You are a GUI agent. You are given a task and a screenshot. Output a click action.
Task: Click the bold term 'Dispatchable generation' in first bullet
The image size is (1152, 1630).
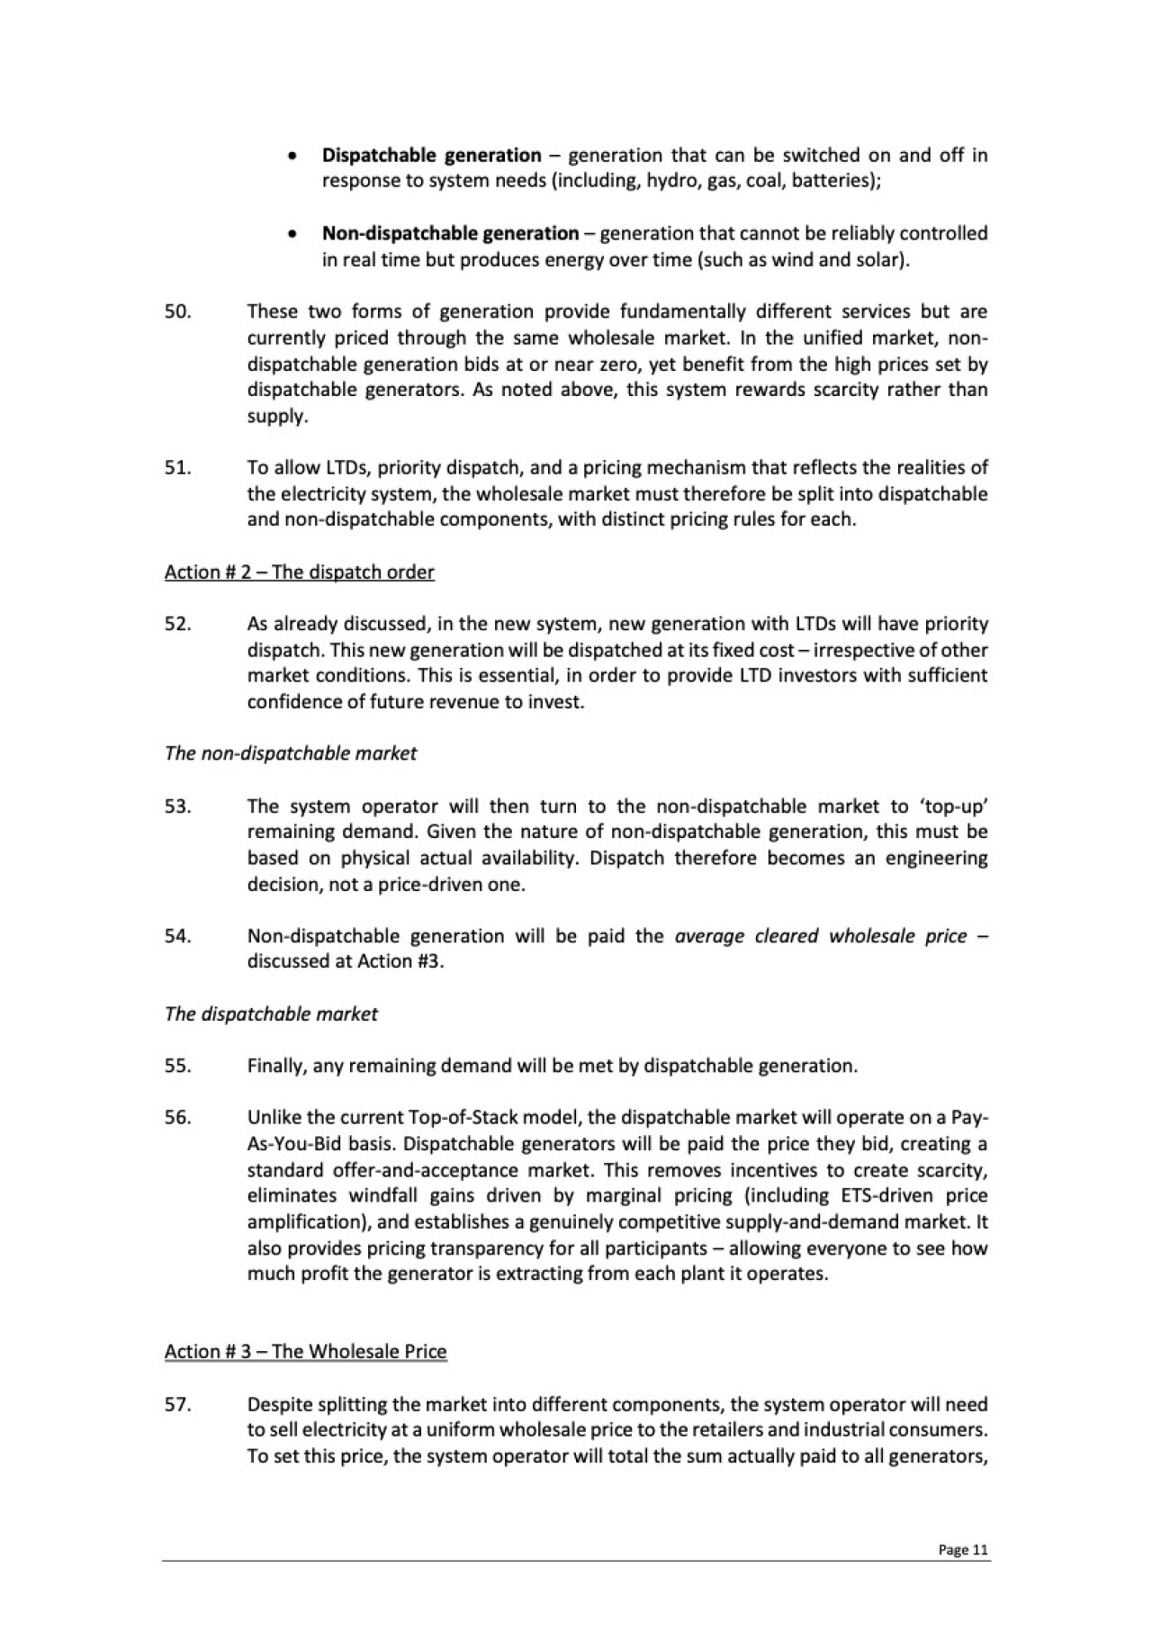(432, 155)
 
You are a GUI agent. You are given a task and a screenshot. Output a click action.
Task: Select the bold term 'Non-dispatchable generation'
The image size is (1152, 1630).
(450, 234)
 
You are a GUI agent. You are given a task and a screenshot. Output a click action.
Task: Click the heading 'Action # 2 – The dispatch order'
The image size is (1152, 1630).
(299, 572)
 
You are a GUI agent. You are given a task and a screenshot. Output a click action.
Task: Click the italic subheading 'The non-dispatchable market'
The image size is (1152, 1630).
(290, 753)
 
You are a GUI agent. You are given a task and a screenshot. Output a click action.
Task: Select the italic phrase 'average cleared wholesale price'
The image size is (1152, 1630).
(821, 936)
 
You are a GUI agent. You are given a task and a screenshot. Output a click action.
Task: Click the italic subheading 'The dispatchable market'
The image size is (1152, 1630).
(271, 1014)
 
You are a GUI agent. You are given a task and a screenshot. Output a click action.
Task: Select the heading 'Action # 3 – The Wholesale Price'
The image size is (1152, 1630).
(305, 1352)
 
